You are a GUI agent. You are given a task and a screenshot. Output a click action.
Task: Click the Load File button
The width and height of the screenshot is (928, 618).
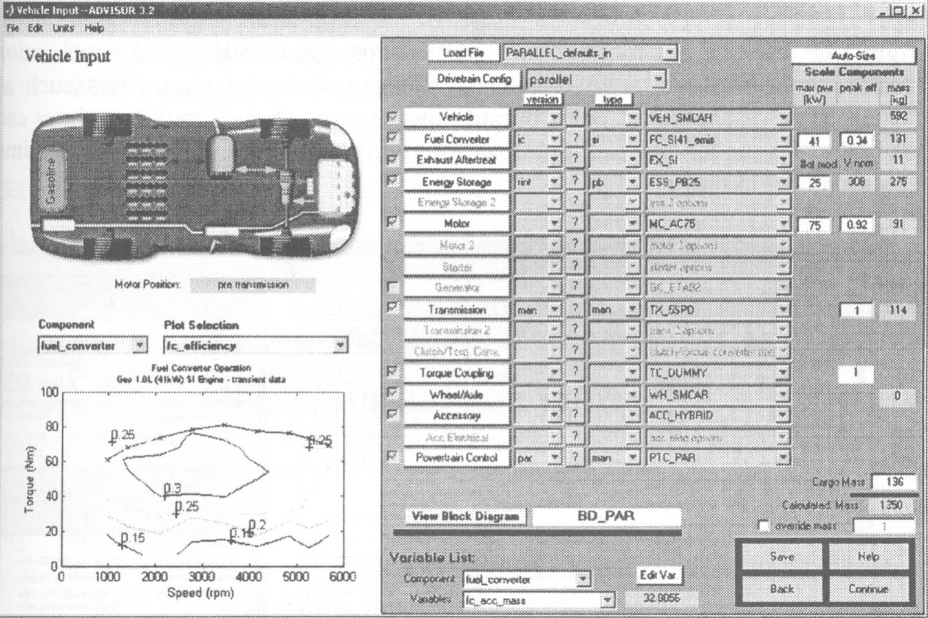[463, 53]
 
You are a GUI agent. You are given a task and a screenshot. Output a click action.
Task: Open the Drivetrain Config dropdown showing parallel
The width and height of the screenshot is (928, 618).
[596, 79]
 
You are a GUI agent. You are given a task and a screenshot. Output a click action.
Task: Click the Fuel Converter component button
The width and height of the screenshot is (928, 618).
[456, 139]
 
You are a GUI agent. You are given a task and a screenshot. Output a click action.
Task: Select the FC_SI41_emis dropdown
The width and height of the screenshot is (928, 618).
[718, 140]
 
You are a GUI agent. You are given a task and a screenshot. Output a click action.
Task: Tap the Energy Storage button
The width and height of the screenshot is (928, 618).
[456, 182]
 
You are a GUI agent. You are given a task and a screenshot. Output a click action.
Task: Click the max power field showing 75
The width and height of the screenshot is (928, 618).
[814, 226]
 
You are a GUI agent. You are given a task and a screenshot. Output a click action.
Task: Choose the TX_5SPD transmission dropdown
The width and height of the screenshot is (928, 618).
[718, 310]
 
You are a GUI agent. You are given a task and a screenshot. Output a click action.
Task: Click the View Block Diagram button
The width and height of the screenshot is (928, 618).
[466, 516]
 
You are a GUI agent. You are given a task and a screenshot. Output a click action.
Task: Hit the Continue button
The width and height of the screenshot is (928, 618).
[868, 589]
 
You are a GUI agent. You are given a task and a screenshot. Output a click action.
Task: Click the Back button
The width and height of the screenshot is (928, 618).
[781, 589]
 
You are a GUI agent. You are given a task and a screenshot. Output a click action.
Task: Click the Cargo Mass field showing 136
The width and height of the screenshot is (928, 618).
[894, 482]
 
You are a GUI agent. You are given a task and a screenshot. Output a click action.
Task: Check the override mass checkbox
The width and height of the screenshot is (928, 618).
[763, 525]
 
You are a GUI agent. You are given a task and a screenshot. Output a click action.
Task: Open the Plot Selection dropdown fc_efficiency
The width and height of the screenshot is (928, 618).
[255, 346]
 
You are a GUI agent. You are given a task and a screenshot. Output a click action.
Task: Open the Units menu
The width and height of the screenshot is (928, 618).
[63, 28]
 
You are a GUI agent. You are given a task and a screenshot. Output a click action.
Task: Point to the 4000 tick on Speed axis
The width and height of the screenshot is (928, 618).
[248, 576]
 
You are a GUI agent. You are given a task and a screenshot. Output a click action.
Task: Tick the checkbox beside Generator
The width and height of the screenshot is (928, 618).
[393, 287]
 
